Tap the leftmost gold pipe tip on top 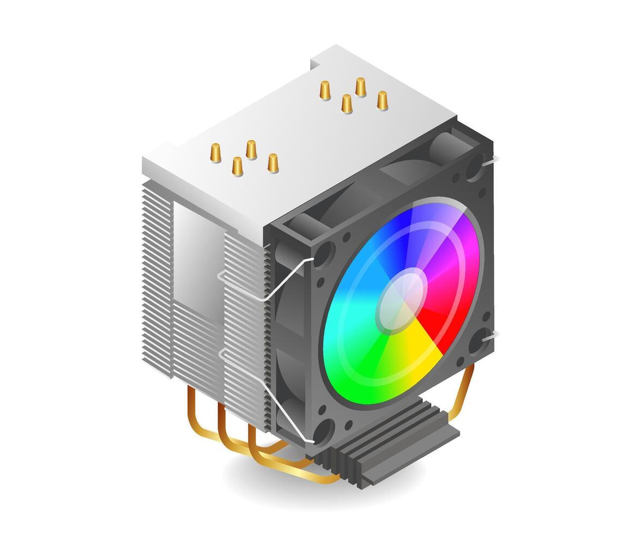[x=215, y=153]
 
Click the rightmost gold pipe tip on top [x=382, y=101]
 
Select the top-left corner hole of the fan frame [x=322, y=254]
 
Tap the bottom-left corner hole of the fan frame [x=322, y=431]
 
